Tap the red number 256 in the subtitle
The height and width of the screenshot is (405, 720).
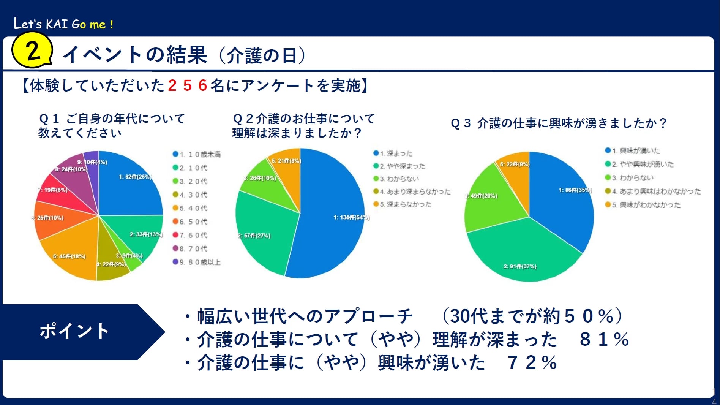pyautogui.click(x=187, y=85)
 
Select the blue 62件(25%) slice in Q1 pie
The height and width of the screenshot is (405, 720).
pyautogui.click(x=129, y=186)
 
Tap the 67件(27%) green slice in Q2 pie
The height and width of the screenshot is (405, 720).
pyautogui.click(x=262, y=232)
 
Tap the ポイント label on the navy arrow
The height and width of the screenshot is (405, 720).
pyautogui.click(x=74, y=331)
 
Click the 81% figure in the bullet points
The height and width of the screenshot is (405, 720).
pyautogui.click(x=604, y=340)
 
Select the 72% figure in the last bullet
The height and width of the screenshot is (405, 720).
pyautogui.click(x=532, y=363)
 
